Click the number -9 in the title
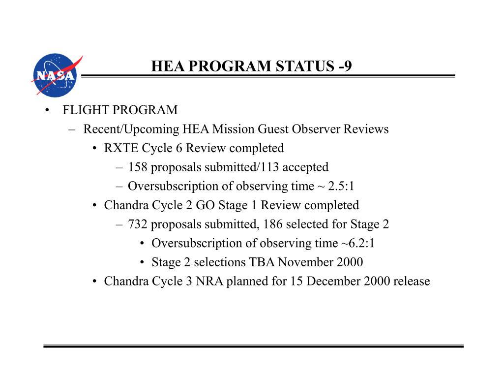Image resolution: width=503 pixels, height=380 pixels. click(x=345, y=66)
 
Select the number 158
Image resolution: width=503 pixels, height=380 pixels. click(x=138, y=167)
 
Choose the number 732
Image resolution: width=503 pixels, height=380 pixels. click(x=138, y=224)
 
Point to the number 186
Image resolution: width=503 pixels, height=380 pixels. click(x=273, y=224)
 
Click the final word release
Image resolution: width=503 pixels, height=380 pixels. click(x=412, y=282)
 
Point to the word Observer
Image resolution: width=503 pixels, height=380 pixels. click(x=317, y=129)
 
